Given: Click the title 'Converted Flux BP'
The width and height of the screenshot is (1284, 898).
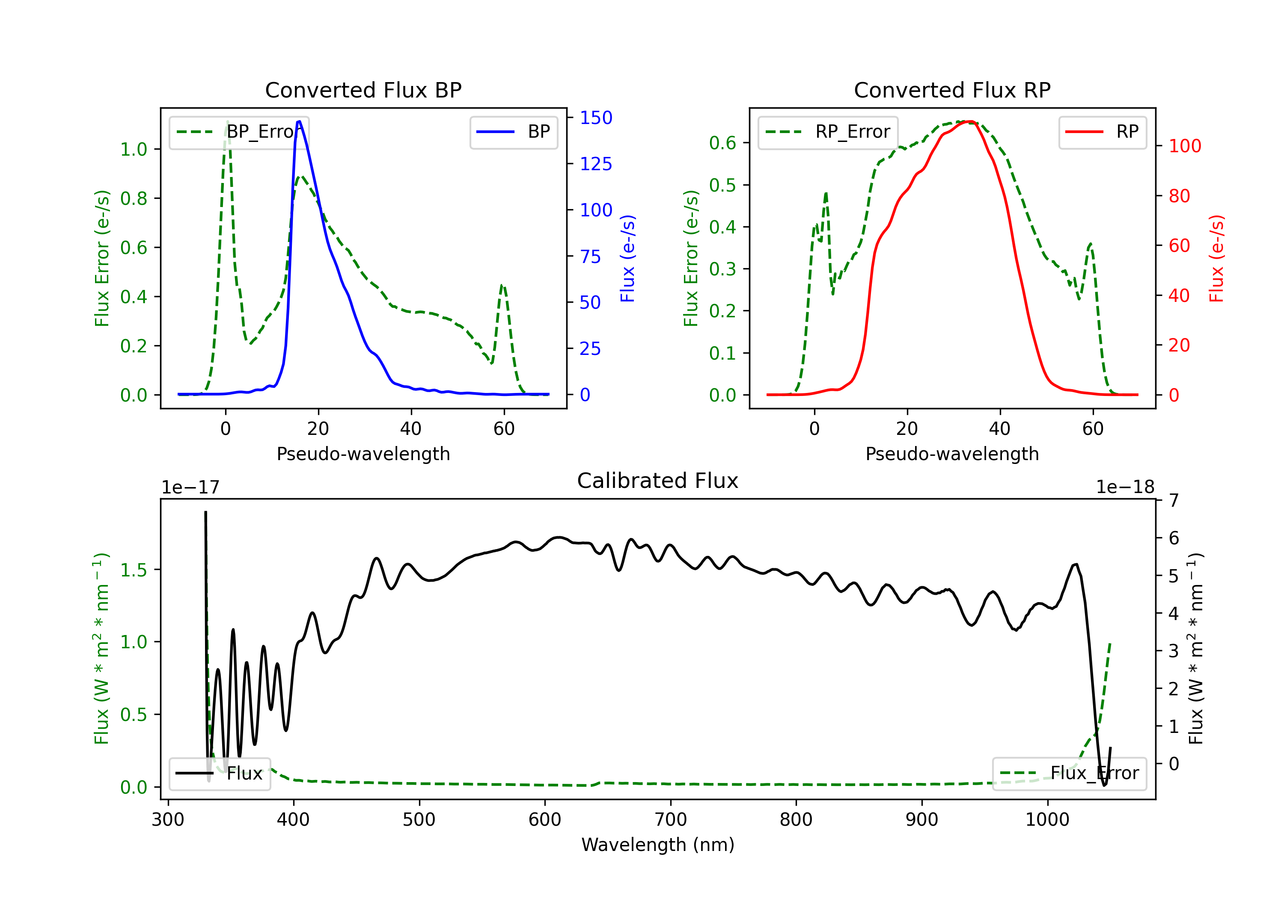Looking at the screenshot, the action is [x=363, y=90].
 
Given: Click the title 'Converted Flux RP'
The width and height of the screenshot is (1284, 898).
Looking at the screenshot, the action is [x=952, y=90].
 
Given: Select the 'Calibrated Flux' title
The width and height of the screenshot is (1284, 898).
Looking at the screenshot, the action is [x=658, y=481].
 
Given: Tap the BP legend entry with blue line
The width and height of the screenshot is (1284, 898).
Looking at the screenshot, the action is [x=513, y=132].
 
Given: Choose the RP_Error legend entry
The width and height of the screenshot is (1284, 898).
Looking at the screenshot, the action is [x=828, y=132].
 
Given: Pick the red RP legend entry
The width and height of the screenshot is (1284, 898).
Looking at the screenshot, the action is [x=1102, y=132].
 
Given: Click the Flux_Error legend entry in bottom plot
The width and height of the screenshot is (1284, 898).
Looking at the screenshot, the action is [x=1069, y=774].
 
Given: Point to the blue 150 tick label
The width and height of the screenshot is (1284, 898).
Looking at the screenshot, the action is [x=596, y=118].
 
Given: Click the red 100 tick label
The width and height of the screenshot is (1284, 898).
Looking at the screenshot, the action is [x=1185, y=146].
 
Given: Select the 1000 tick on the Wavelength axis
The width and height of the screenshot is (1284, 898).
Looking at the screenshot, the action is [x=1047, y=820].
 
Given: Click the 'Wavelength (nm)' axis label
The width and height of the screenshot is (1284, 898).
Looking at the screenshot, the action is [x=658, y=845].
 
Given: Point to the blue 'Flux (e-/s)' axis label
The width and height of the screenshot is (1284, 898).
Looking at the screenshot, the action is [x=627, y=258].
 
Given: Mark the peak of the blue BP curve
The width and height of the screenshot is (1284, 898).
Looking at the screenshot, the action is [x=299, y=121].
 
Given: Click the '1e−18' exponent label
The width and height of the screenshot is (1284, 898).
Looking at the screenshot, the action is [x=1125, y=487].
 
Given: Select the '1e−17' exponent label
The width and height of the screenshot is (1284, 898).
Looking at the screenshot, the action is [x=191, y=487].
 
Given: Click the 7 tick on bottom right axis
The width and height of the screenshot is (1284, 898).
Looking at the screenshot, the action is [x=1174, y=500].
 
